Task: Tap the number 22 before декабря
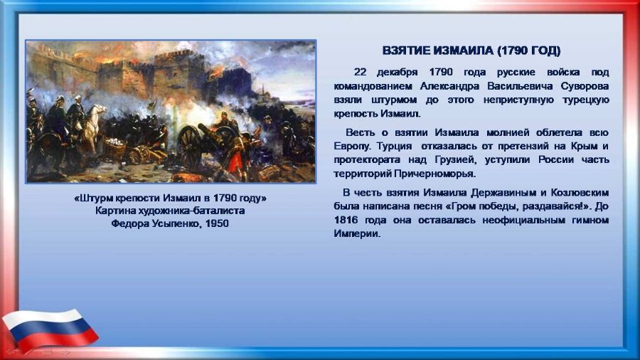point(360,73)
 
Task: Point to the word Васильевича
point(520,86)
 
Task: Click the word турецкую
point(587,100)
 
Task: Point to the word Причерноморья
point(434,174)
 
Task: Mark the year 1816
point(346,220)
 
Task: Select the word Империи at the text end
point(356,234)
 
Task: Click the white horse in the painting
point(94,125)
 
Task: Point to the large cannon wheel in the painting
point(190,147)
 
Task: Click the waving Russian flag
point(50,329)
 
